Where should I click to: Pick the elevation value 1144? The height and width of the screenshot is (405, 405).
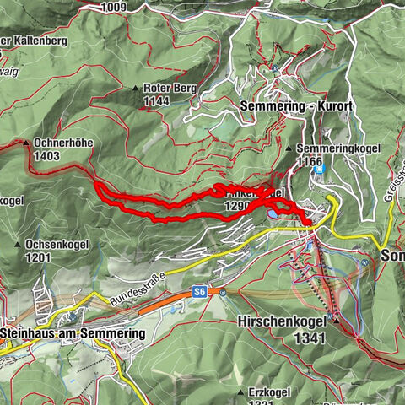156,101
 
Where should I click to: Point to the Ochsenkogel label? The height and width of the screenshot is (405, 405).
54,244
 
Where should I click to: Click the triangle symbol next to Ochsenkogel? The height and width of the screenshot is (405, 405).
19,244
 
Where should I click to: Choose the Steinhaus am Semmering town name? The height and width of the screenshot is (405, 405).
73,333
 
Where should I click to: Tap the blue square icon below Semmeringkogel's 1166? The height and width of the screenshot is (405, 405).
319,170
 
